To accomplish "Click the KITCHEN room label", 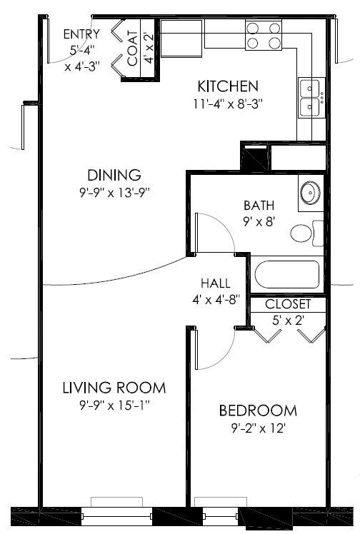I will (x=228, y=86).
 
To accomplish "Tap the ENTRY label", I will (x=81, y=34).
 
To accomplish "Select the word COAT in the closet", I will (x=133, y=48).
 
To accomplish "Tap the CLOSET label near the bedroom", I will (x=288, y=305).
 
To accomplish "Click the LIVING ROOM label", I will (x=114, y=388).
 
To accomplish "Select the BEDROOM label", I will (x=258, y=411).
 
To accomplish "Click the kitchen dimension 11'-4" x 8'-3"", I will (x=228, y=104).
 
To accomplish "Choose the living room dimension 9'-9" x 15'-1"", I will (x=114, y=405).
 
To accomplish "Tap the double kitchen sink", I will (x=310, y=98).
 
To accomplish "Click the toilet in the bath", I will (x=306, y=233).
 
